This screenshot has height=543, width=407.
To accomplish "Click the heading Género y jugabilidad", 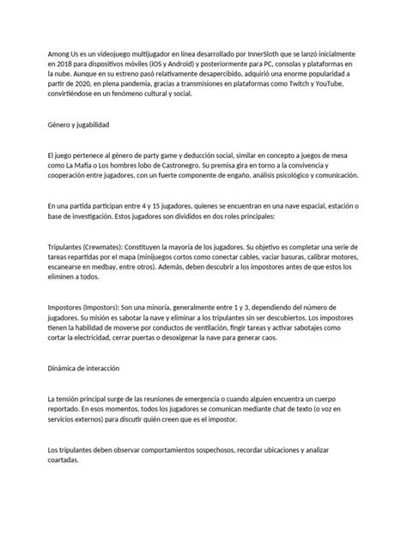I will coord(78,125).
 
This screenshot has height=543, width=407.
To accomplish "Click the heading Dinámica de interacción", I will coord(83,368).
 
